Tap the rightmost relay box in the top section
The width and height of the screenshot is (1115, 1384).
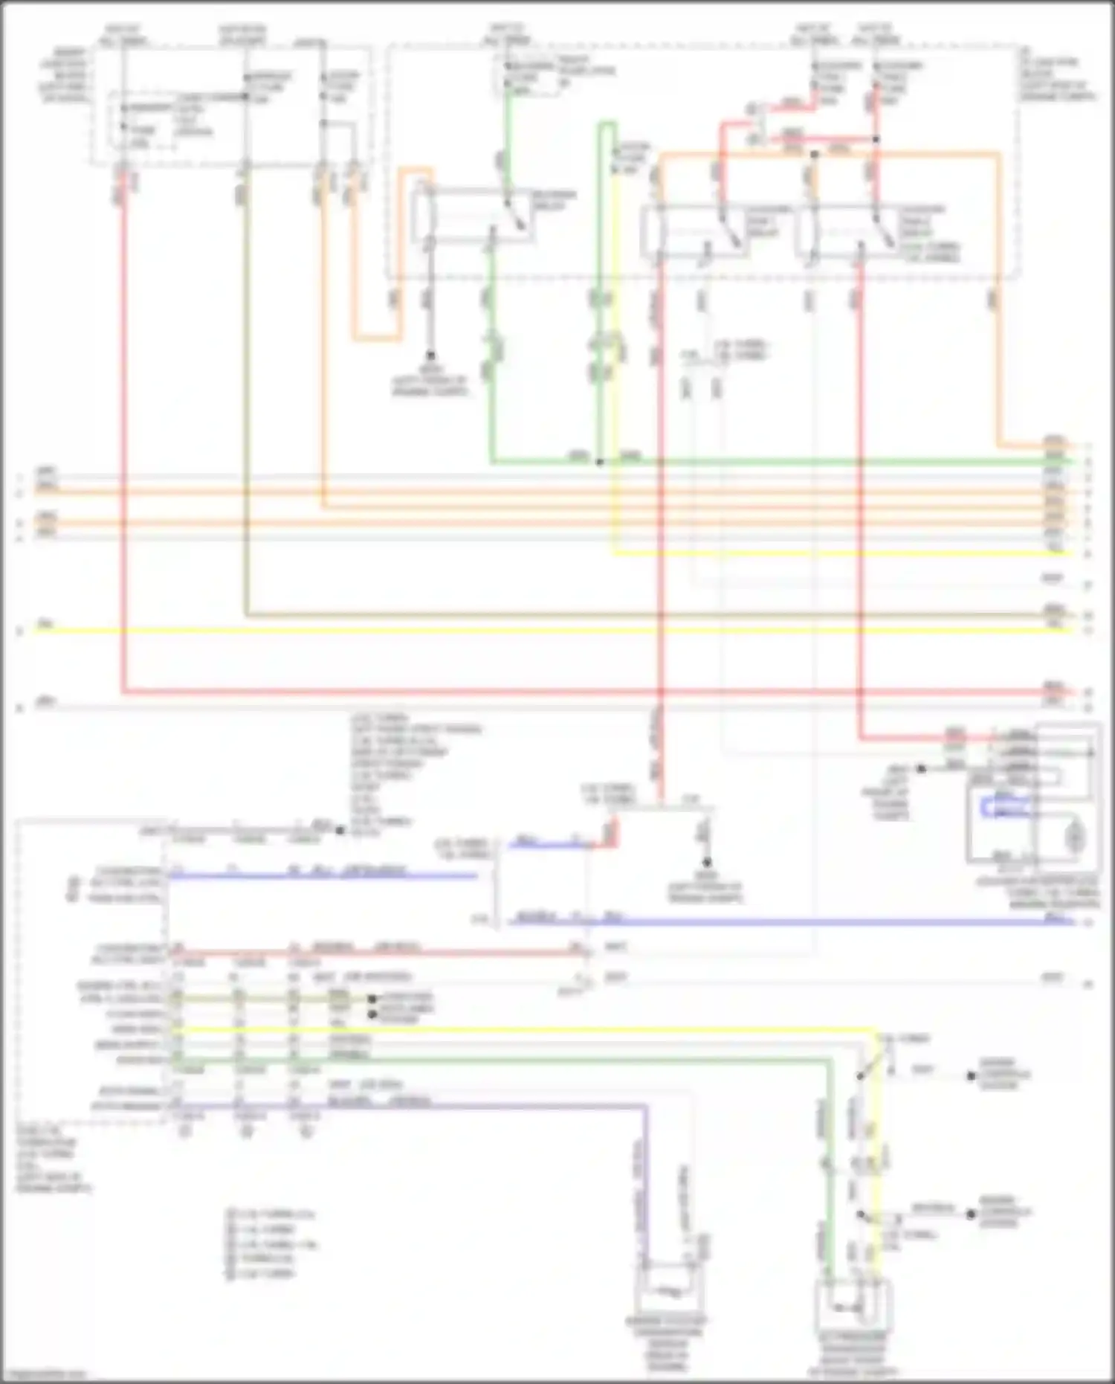(x=844, y=233)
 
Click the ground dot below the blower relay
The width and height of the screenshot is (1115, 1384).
(x=430, y=356)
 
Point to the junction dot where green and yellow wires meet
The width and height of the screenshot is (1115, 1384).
(x=599, y=462)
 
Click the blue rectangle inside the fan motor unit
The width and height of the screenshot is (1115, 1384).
(x=1005, y=805)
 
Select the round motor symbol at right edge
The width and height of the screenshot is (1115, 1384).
(x=1074, y=837)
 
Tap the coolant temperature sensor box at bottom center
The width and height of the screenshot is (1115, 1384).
(x=668, y=1291)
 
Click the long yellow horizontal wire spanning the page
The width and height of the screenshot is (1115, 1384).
(x=520, y=631)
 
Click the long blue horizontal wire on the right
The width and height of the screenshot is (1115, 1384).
(x=818, y=922)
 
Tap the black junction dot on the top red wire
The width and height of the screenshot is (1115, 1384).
(x=876, y=139)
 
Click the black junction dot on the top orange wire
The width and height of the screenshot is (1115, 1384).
(x=814, y=155)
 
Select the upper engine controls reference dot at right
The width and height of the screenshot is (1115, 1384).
(x=971, y=1075)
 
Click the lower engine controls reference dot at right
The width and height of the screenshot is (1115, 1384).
(x=971, y=1214)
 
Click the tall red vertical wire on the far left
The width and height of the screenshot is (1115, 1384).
(x=123, y=446)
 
